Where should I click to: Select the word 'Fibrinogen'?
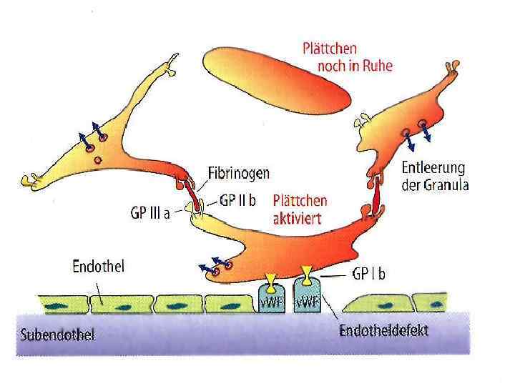238,173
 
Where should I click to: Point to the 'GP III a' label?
150,212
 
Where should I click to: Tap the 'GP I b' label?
368,273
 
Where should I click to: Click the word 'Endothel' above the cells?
99,268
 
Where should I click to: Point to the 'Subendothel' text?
57,335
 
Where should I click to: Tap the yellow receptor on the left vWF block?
272,277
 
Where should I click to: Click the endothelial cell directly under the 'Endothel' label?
118,305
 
